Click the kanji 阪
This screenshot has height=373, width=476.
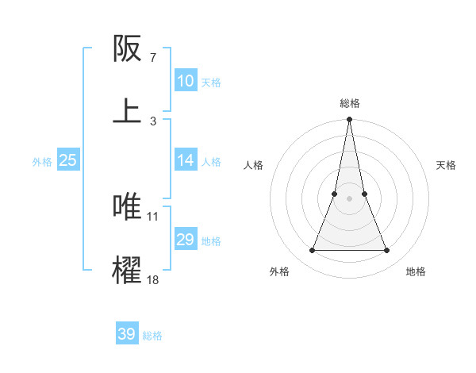128,49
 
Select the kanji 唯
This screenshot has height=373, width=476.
128,206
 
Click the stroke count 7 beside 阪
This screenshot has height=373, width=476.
153,58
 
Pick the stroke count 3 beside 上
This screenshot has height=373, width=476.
153,121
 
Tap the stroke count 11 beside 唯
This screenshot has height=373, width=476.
153,215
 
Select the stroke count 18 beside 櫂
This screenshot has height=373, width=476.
153,279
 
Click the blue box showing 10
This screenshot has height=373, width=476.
186,81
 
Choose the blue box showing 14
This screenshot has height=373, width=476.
186,160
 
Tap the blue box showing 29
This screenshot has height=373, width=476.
186,240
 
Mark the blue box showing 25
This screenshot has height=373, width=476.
68,160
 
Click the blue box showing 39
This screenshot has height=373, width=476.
127,334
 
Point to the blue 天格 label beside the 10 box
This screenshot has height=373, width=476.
211,82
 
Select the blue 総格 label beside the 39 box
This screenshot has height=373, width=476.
152,336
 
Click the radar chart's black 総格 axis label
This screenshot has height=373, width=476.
349,103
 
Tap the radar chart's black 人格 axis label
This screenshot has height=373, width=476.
254,165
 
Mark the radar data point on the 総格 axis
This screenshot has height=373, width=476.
349,120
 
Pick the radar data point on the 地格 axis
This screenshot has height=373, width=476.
386,251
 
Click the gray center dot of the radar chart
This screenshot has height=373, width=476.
349,198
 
